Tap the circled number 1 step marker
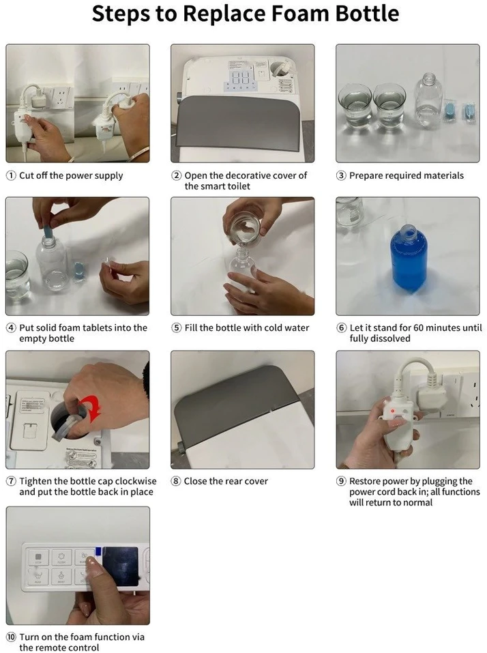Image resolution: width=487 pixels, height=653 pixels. coord(11,176)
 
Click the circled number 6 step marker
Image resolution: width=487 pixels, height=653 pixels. coord(341,328)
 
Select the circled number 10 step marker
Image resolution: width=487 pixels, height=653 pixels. coord(11,637)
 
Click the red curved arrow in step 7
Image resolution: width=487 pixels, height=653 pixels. coord(92,408)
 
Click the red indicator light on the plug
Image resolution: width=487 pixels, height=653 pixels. coord(392,411)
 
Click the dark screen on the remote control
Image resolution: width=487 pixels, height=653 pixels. coord(120,565)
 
